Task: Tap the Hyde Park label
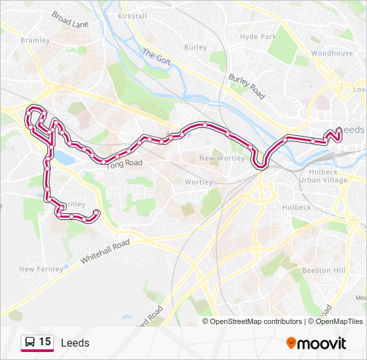(x=258, y=37)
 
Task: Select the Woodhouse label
(x=332, y=53)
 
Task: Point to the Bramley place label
(x=35, y=40)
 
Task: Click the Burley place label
(x=196, y=47)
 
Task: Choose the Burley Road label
(x=246, y=87)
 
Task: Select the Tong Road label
(x=124, y=163)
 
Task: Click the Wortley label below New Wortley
(x=198, y=182)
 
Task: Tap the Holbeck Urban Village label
(x=323, y=176)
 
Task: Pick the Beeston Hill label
(x=324, y=270)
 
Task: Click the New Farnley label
(x=41, y=269)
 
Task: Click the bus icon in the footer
(x=30, y=342)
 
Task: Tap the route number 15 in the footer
(x=45, y=342)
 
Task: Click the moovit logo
(x=316, y=343)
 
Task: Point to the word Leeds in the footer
(x=75, y=343)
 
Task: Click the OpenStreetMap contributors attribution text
(x=256, y=321)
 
